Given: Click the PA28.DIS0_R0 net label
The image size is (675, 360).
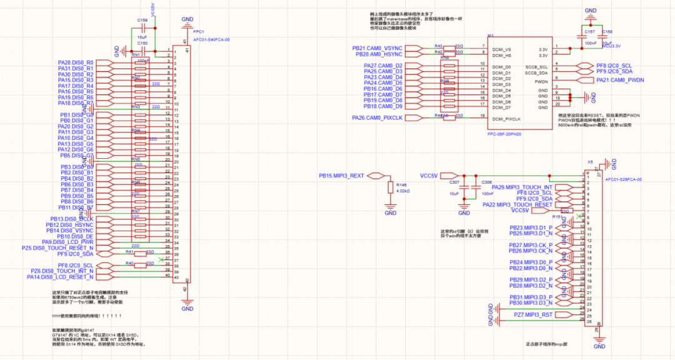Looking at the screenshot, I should coord(75,62).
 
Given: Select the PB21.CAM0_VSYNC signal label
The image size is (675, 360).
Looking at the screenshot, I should coord(377,48).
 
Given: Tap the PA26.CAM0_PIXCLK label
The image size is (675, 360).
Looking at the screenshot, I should coord(377,117).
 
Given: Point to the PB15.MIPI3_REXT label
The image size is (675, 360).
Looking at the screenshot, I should coord(342,176).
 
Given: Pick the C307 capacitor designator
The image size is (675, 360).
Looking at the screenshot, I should coord(455,182).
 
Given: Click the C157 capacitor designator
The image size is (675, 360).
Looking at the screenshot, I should coord(589,31).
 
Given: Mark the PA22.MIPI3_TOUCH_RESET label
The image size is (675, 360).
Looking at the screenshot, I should coord(517,205).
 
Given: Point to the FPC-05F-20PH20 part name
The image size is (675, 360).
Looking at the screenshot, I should coord(504,133).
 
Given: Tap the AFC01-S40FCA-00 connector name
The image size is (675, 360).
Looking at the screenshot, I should coord(212,39).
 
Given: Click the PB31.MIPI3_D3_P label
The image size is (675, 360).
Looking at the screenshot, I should coord(531,297).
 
